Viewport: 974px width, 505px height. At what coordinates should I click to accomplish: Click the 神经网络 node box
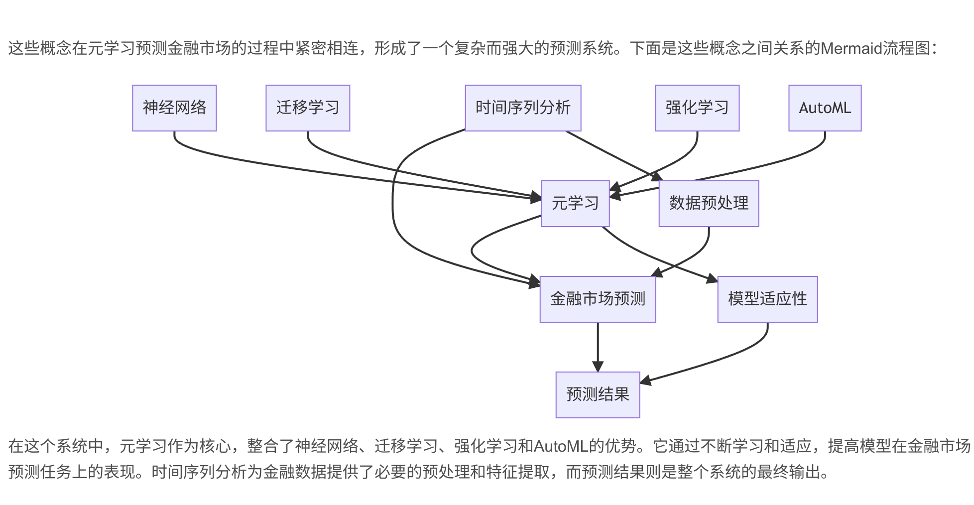point(174,108)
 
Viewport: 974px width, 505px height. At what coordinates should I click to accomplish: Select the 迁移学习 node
point(308,108)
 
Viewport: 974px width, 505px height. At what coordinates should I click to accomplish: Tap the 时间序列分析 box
point(523,108)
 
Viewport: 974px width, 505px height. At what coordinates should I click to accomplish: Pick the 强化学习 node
point(697,108)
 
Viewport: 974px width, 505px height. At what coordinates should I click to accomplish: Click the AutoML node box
point(825,108)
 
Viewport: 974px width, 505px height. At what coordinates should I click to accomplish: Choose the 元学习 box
point(575,204)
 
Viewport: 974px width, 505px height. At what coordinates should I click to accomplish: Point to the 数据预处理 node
point(709,204)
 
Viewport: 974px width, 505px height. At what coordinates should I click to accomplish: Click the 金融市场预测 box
point(598,299)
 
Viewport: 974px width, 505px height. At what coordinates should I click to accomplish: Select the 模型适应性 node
point(767,299)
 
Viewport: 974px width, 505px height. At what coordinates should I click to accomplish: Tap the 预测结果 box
point(598,395)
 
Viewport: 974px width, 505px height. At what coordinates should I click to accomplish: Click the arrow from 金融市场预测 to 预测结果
point(598,344)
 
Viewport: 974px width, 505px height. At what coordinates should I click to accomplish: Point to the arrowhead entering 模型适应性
point(713,279)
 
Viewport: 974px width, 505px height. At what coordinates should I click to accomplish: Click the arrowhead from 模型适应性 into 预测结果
point(645,381)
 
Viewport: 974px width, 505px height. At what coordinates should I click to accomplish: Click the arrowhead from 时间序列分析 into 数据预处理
point(658,177)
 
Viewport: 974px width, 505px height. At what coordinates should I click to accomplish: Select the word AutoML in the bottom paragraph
point(561,446)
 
